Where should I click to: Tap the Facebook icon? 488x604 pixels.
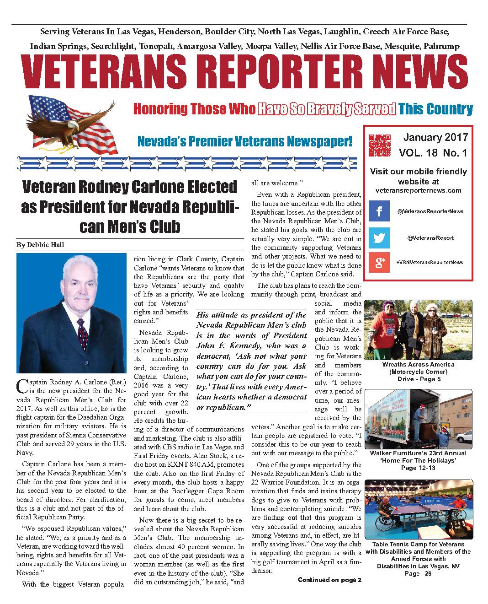(x=379, y=211)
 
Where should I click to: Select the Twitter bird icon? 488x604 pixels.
(x=379, y=238)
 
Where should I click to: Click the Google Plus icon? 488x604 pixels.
(x=379, y=262)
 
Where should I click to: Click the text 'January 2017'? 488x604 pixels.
(x=435, y=137)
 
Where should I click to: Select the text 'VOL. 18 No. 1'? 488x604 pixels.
(x=432, y=153)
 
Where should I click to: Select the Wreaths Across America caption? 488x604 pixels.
(x=418, y=371)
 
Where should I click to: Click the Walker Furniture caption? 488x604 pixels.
(x=418, y=460)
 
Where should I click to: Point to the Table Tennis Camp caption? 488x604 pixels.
(x=418, y=559)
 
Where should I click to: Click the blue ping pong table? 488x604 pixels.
(x=416, y=515)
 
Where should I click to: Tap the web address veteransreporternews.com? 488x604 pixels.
(x=418, y=190)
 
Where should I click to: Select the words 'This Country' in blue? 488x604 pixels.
(x=435, y=109)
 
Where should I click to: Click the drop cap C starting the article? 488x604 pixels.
(x=22, y=386)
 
